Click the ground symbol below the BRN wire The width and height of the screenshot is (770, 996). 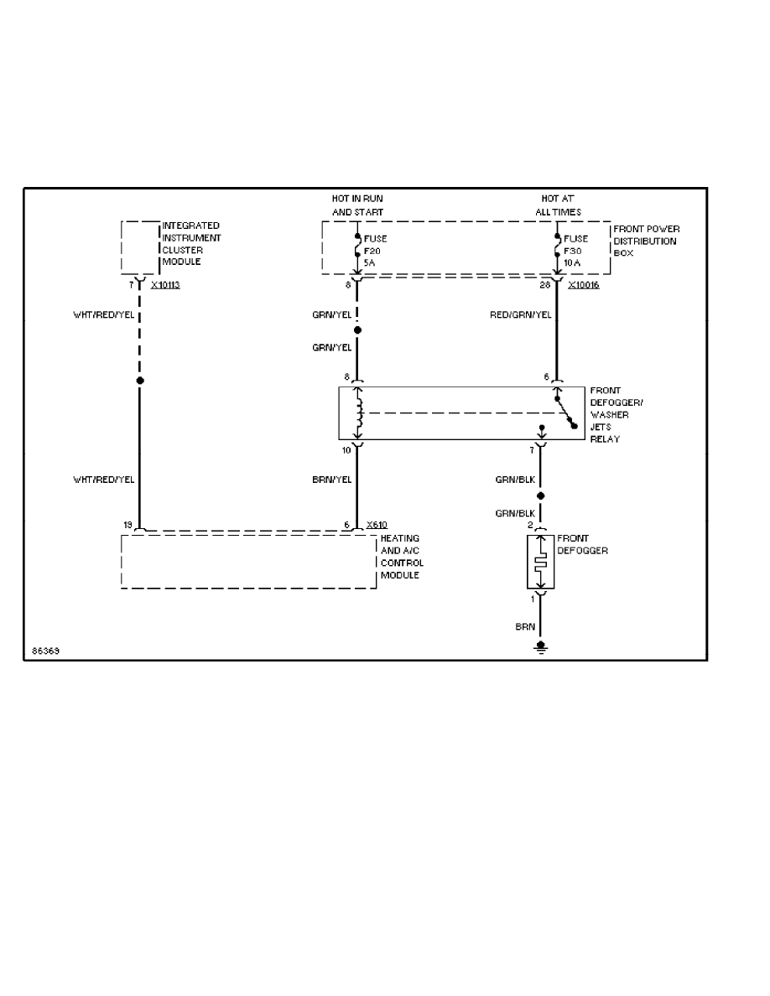click(x=541, y=646)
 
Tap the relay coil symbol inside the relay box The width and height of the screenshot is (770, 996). click(x=359, y=412)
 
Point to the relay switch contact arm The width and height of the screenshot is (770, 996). click(x=565, y=412)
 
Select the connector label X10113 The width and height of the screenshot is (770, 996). click(x=165, y=285)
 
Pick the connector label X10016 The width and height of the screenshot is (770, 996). click(x=583, y=285)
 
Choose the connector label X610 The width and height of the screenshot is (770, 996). click(x=377, y=525)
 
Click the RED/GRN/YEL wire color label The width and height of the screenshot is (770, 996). click(x=521, y=315)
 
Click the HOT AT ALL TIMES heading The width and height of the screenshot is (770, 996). click(x=559, y=205)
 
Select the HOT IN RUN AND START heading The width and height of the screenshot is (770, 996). click(x=357, y=205)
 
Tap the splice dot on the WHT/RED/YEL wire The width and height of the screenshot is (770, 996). click(x=140, y=381)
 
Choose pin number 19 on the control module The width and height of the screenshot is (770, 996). click(x=128, y=525)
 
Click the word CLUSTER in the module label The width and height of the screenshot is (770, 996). click(x=179, y=250)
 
